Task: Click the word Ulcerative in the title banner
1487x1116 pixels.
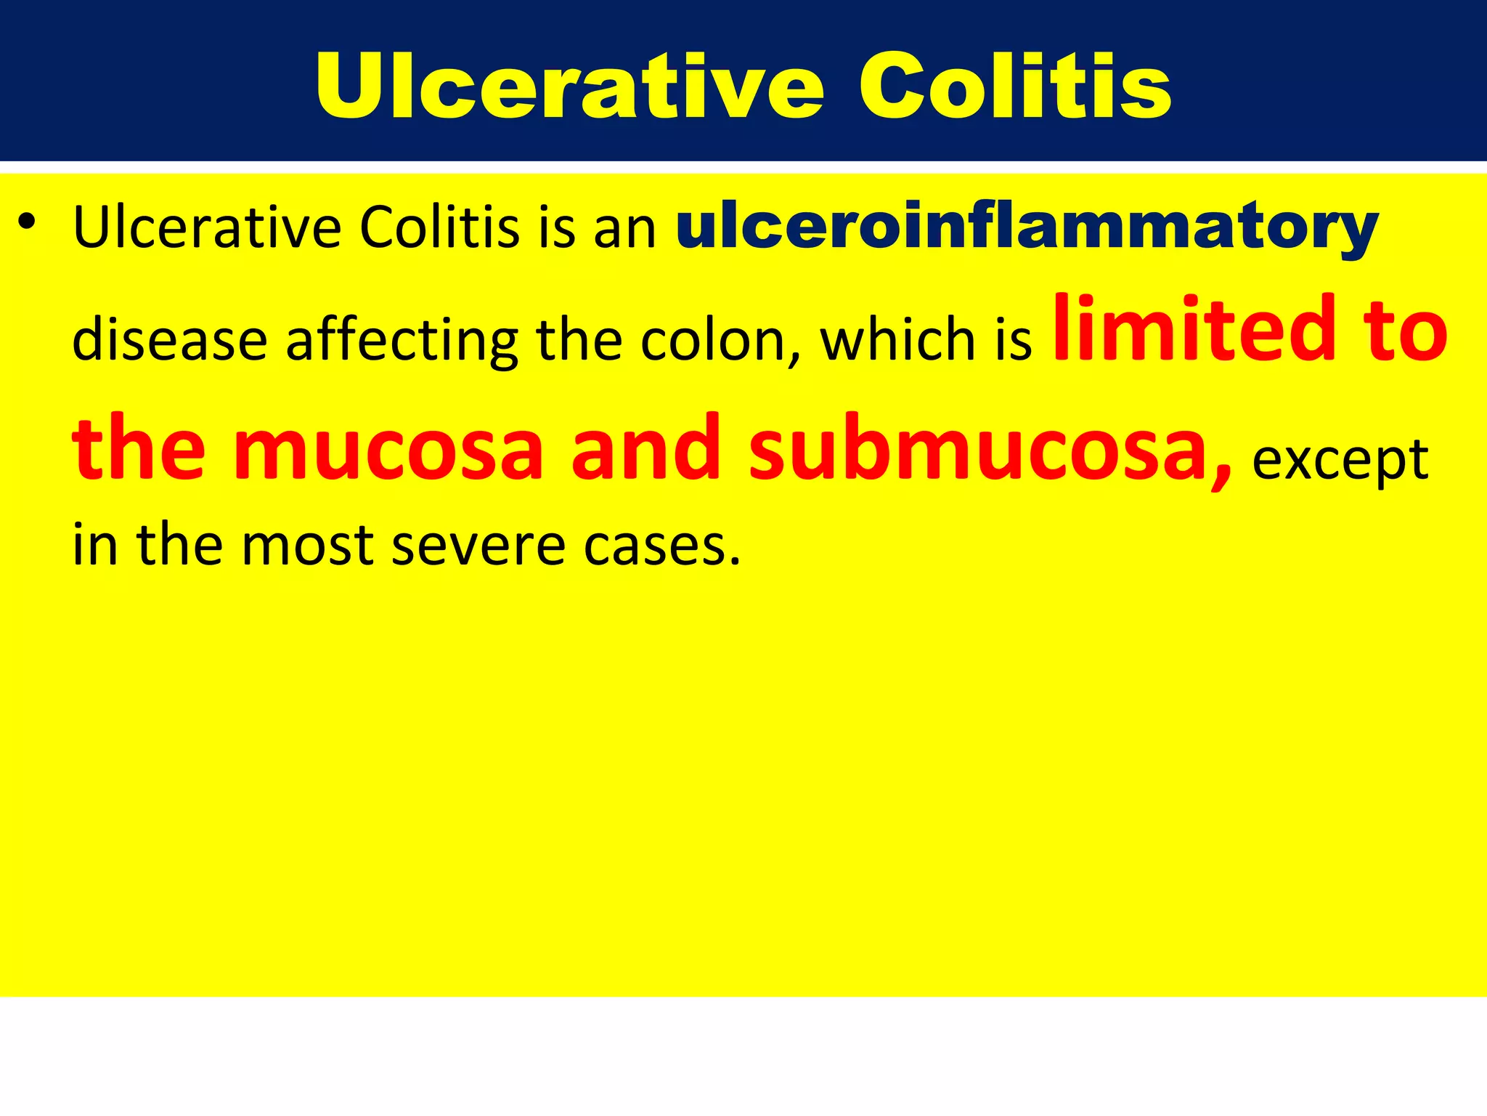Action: click(x=570, y=87)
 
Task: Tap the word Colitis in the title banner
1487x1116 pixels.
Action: click(x=1015, y=87)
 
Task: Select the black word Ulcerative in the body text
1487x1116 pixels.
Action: click(x=207, y=227)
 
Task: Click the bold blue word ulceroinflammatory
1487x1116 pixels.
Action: click(x=1027, y=227)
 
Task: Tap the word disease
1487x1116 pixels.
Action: click(x=170, y=340)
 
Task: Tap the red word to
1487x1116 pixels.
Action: click(x=1405, y=331)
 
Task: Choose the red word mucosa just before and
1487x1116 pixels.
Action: click(x=388, y=449)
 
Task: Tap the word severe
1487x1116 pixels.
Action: click(x=478, y=545)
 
